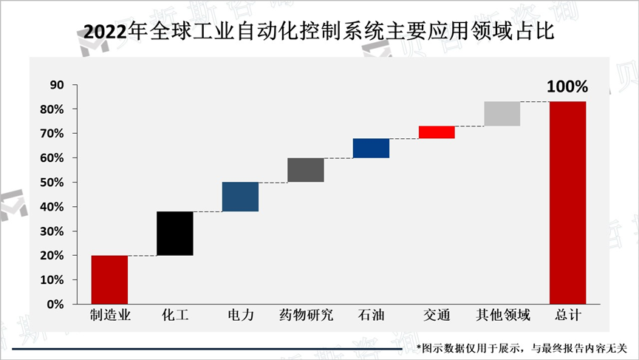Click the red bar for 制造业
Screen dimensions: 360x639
pos(109,279)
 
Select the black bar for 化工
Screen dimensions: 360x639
pos(175,234)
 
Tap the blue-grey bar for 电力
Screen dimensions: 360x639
pos(240,197)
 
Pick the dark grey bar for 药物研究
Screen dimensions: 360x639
pos(306,170)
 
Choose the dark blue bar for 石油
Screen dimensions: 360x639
pos(371,148)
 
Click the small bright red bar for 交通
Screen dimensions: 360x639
pos(437,132)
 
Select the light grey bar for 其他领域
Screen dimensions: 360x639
pos(502,114)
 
